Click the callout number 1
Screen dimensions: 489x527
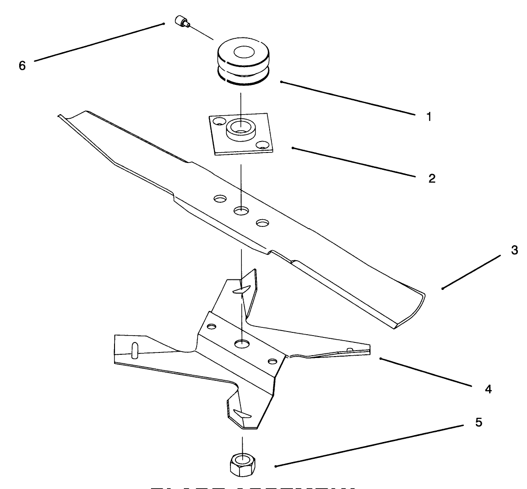click(428, 117)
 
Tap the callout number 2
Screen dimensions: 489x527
click(432, 178)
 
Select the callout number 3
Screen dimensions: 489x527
click(514, 250)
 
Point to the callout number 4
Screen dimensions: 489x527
click(488, 389)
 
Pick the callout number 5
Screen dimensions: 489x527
click(478, 422)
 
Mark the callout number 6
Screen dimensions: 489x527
click(22, 65)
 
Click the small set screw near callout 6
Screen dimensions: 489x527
click(182, 21)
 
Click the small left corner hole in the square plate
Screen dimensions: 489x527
click(219, 122)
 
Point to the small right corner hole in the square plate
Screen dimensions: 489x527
click(262, 145)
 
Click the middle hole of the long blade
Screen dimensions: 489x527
click(241, 210)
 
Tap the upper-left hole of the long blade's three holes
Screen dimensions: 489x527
click(220, 199)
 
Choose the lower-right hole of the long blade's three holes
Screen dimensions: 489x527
click(262, 223)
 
